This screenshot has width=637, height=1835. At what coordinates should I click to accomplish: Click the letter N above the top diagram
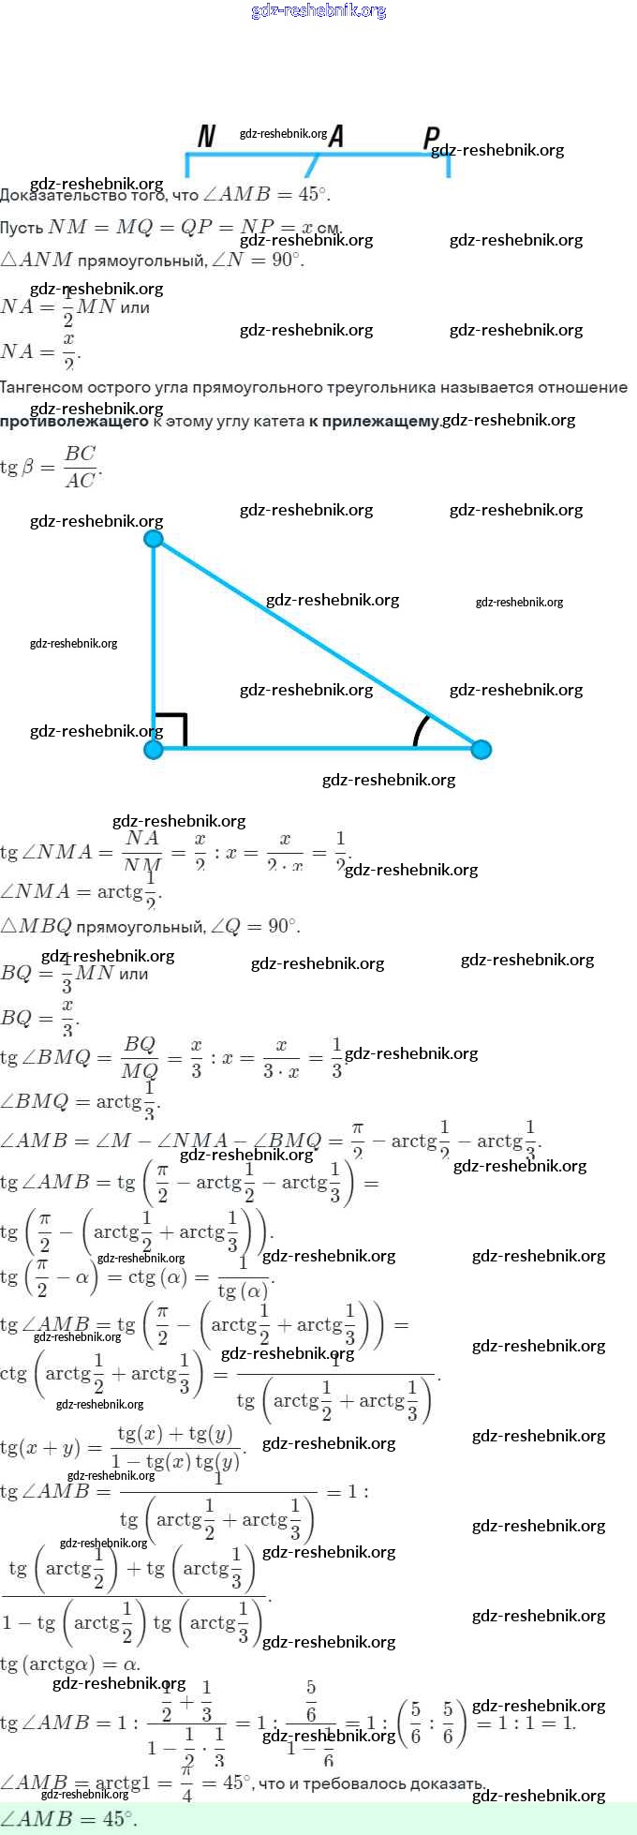(207, 136)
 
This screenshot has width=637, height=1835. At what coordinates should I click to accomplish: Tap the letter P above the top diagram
(431, 138)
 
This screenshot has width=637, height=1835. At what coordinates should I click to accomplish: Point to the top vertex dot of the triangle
(154, 539)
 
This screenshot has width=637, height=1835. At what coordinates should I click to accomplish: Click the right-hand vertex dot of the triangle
(481, 749)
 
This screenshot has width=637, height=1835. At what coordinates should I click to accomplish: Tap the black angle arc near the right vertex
(422, 731)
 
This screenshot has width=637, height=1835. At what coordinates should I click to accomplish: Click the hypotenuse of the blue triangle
(318, 645)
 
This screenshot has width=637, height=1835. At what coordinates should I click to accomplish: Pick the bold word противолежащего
(74, 421)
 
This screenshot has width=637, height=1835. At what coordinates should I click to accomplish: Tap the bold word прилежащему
(374, 421)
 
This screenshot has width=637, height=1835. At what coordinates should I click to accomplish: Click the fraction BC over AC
(80, 466)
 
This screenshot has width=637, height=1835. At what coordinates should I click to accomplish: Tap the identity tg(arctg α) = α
(70, 1664)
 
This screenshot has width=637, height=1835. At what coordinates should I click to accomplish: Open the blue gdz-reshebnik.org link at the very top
(318, 10)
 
